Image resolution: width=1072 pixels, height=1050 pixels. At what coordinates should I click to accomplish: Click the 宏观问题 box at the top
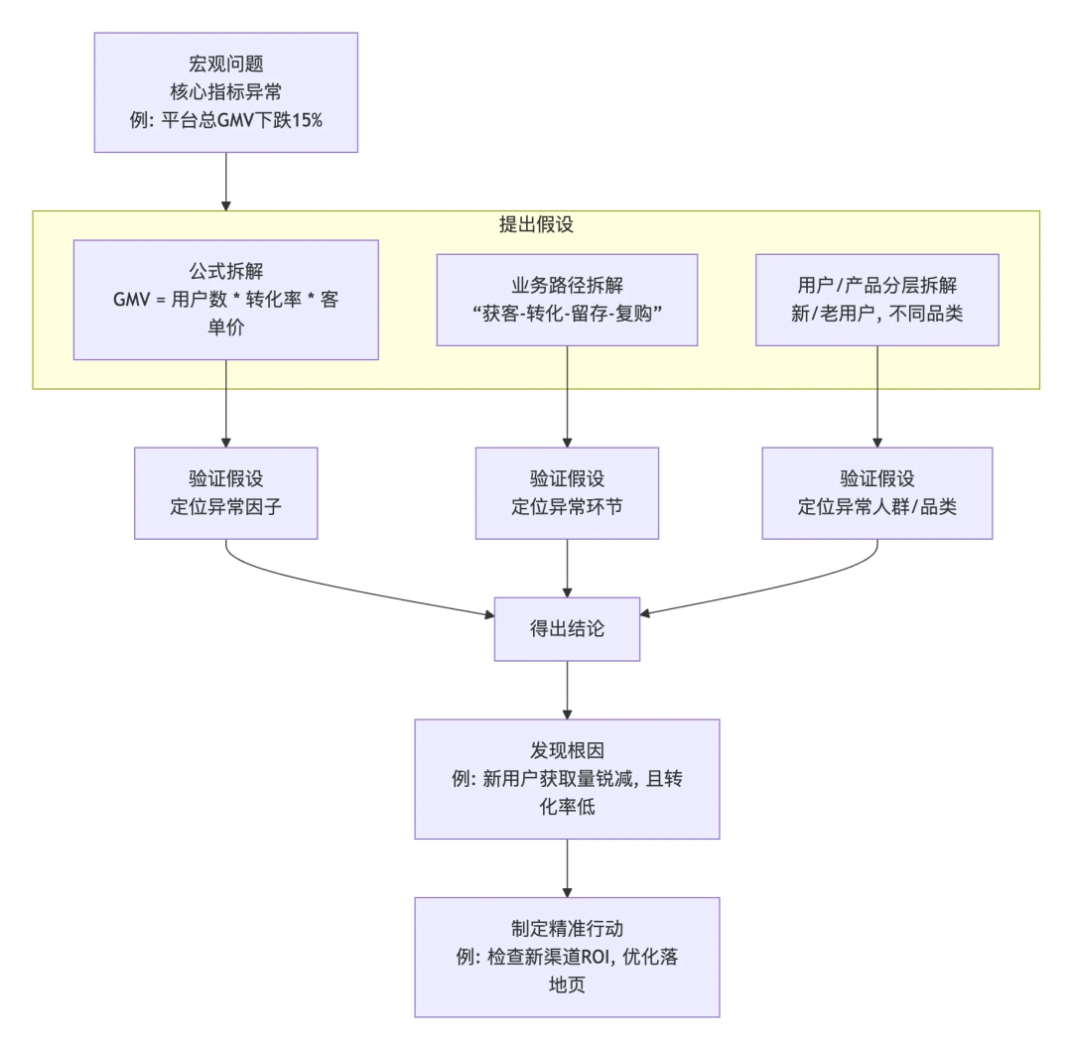point(225,91)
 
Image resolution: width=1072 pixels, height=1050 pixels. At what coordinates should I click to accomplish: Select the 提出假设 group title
point(536,224)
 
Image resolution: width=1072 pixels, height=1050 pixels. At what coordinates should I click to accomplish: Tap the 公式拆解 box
point(225,299)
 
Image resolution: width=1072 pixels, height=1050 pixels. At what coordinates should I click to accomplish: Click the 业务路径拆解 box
point(567,300)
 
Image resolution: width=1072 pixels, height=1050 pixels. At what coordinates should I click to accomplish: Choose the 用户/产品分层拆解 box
point(877,300)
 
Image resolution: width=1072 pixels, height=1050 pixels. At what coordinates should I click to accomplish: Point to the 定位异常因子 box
point(225,492)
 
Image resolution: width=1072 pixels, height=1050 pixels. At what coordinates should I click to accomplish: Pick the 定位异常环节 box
point(567,492)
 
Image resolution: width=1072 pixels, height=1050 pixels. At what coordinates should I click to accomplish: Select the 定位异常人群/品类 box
point(877,492)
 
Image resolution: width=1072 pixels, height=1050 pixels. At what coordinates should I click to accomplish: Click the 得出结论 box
point(567,628)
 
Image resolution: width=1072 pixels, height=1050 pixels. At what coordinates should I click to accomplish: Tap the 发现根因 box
point(567,779)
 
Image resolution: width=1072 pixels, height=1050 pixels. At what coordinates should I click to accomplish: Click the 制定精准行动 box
point(567,957)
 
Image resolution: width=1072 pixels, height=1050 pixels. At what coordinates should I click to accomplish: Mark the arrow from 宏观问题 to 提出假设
point(225,181)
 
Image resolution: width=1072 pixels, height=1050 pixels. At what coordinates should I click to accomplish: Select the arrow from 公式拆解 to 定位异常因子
point(225,402)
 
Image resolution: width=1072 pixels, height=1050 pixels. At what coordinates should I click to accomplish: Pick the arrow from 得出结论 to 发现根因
point(567,689)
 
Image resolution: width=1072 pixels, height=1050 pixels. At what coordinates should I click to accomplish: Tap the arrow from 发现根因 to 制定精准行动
point(567,867)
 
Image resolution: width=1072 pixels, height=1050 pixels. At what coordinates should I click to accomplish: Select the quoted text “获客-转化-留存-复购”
point(567,314)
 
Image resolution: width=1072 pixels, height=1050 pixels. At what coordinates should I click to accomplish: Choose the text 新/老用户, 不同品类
point(877,314)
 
